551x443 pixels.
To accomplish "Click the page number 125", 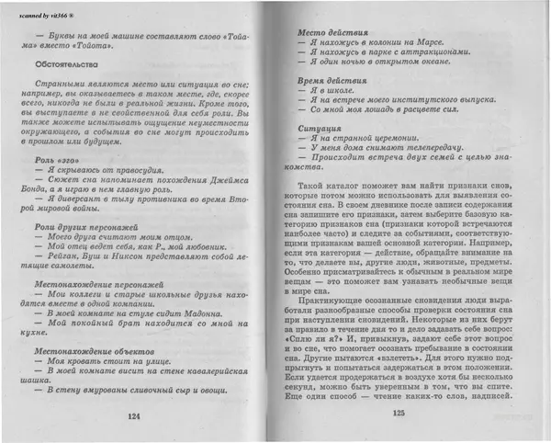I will pyautogui.click(x=398, y=415).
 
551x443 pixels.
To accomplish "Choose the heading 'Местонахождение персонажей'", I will pyautogui.click(x=98, y=284).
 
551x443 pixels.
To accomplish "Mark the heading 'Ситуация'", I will pyautogui.click(x=321, y=130).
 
